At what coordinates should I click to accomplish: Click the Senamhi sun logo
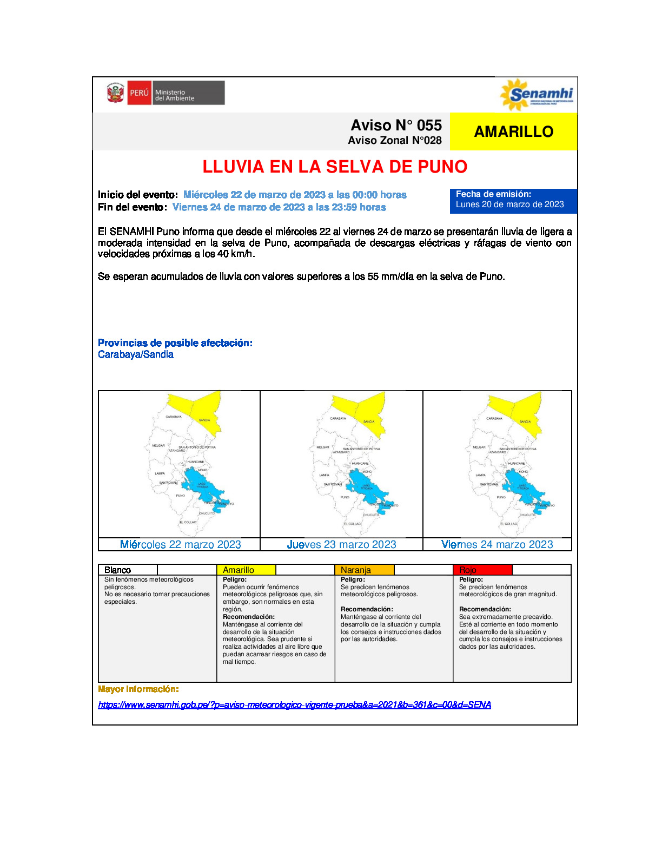[513, 95]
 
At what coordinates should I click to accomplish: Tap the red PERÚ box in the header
[139, 93]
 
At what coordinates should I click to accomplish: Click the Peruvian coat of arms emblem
[115, 93]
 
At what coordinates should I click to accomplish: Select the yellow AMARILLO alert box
[513, 131]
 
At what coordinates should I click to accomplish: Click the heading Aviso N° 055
[396, 126]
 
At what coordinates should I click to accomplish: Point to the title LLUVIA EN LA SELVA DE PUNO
[335, 167]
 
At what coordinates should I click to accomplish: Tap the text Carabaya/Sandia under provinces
[136, 355]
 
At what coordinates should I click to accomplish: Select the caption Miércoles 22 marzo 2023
[180, 545]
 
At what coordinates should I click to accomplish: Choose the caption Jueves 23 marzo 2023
[341, 545]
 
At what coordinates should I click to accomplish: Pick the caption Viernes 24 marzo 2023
[497, 545]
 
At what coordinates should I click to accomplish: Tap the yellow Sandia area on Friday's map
[527, 414]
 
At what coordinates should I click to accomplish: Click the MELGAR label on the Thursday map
[323, 447]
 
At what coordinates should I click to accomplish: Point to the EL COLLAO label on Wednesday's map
[188, 522]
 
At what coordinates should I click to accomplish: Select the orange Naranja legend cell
[364, 570]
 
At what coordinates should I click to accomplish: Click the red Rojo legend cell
[482, 570]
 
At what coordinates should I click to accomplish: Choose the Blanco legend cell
[128, 570]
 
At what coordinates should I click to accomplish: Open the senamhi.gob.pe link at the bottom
[294, 705]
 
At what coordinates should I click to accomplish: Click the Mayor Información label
[138, 689]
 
